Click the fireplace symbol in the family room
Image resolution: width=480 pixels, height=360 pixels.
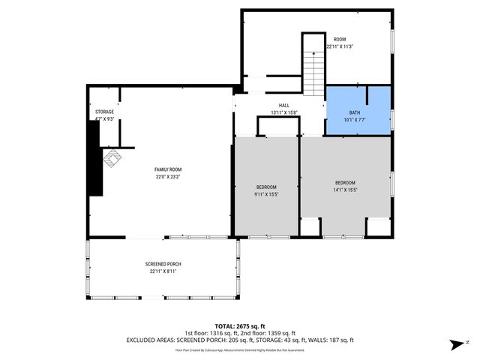[112, 159]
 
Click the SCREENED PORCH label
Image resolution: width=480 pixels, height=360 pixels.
[163, 264]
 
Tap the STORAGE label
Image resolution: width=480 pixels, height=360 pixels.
[104, 112]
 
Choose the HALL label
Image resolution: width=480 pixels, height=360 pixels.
[284, 106]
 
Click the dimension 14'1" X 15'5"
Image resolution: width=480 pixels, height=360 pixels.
[345, 190]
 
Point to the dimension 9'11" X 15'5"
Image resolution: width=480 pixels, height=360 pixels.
[266, 194]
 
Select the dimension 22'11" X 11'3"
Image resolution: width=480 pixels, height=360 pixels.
[340, 46]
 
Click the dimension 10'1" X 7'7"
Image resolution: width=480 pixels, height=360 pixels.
[354, 119]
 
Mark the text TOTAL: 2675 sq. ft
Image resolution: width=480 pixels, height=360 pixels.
[239, 326]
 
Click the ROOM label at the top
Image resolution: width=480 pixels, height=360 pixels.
[340, 39]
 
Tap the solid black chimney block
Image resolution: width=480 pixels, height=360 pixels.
[94, 158]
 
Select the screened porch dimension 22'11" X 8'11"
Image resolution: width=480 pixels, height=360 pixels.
[163, 271]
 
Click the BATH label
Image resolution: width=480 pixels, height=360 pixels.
[354, 112]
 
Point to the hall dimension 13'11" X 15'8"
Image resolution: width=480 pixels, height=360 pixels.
[284, 113]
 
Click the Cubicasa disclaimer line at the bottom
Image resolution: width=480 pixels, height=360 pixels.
[239, 349]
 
